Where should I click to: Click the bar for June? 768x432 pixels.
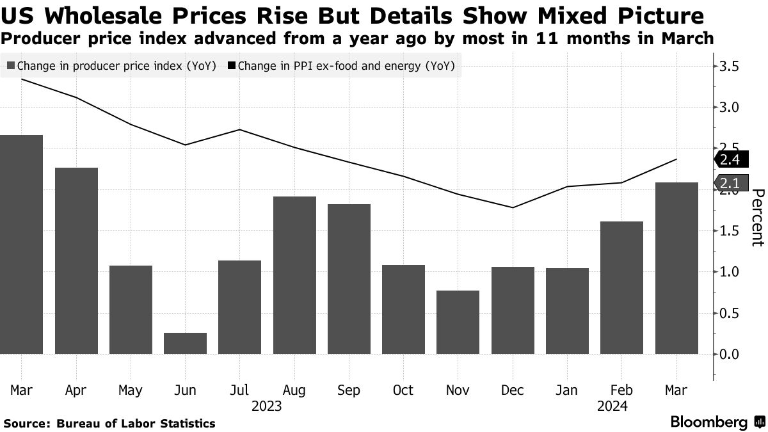click(185, 343)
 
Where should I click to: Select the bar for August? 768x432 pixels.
click(294, 275)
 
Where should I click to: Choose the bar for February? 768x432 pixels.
click(621, 287)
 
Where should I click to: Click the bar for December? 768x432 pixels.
click(512, 310)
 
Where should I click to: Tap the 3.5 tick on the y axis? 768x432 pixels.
click(730, 67)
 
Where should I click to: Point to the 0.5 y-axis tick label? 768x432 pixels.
click(730, 313)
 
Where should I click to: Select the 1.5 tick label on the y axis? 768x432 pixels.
click(730, 231)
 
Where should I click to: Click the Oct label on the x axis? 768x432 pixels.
click(403, 390)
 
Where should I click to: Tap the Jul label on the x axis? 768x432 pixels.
click(239, 390)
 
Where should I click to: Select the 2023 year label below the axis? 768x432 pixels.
click(267, 406)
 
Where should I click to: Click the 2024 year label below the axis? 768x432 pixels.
click(612, 406)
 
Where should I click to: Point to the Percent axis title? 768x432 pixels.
click(757, 218)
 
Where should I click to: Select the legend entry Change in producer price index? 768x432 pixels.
click(111, 65)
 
